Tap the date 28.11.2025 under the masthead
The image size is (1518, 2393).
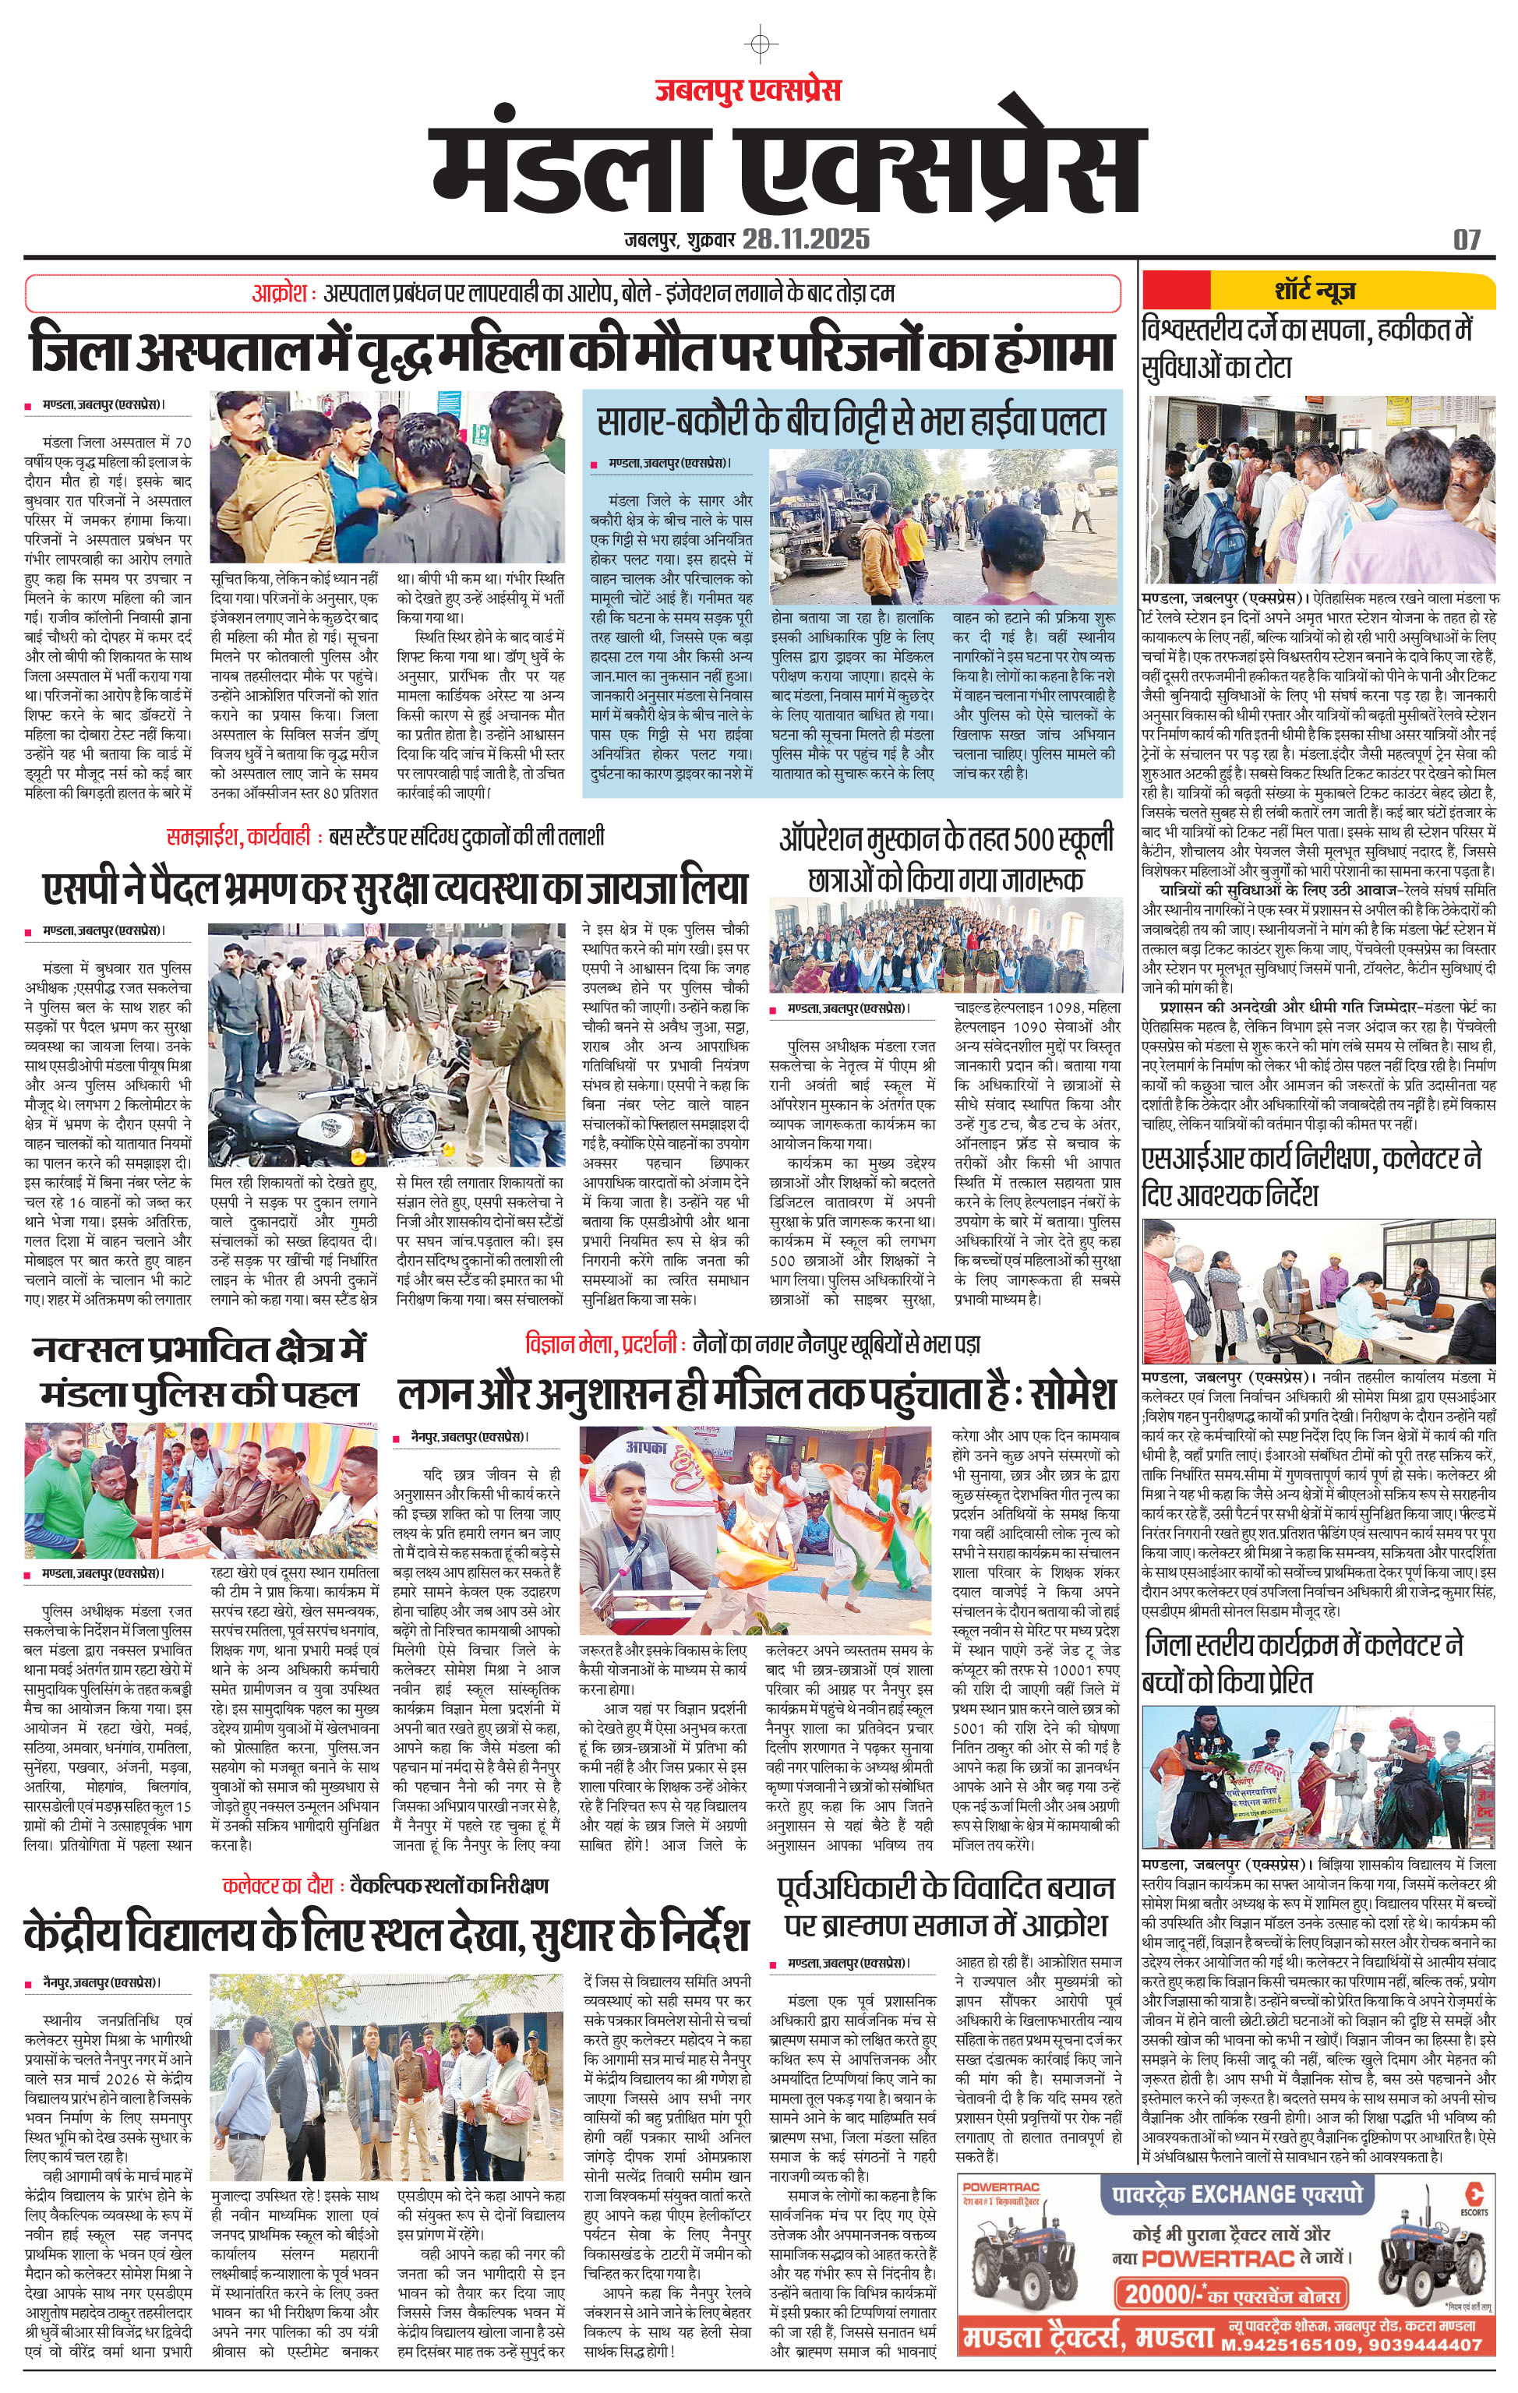tap(805, 239)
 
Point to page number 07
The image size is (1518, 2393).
tap(1467, 239)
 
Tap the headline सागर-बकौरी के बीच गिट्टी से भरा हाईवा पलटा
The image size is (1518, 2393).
tap(852, 422)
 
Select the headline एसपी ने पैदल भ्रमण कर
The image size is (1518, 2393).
tap(394, 887)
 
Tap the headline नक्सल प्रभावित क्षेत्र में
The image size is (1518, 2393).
tap(199, 1371)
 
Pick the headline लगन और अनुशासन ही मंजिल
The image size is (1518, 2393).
tap(757, 1394)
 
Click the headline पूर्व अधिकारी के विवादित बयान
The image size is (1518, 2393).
tap(945, 1906)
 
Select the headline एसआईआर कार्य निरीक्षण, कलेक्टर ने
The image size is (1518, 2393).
tap(1311, 1177)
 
